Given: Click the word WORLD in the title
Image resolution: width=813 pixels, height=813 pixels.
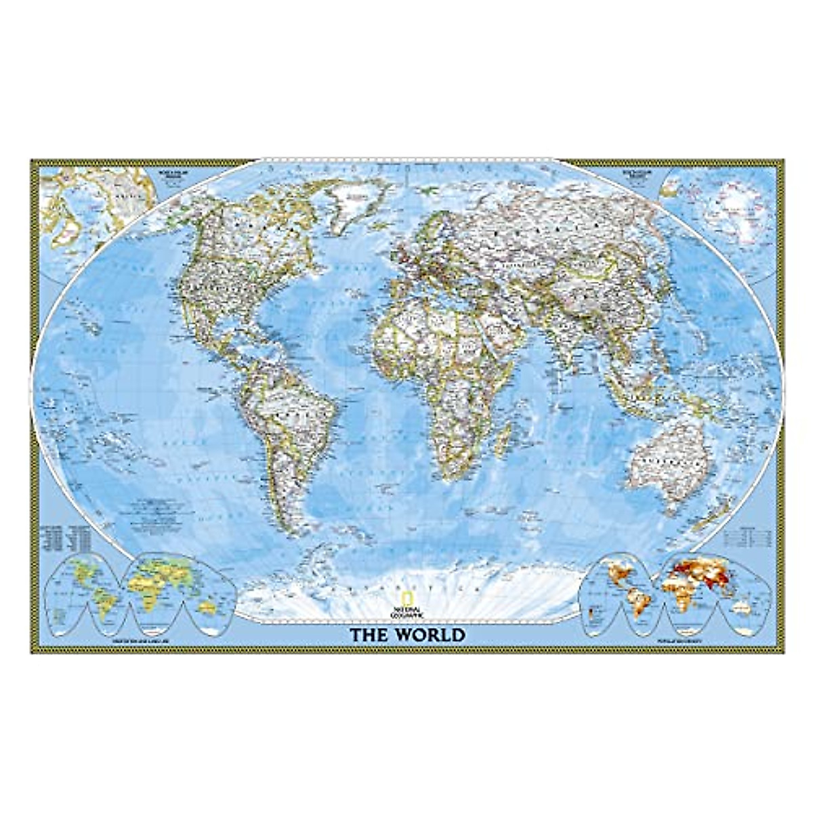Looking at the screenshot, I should click(x=430, y=635).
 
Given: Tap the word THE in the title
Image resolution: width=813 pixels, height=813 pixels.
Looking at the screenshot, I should click(x=370, y=635).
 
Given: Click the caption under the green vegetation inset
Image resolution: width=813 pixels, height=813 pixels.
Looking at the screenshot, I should click(x=136, y=640).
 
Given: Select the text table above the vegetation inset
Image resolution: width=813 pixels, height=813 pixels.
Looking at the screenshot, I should click(x=64, y=535).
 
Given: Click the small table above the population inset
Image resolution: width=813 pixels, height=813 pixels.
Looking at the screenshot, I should click(x=749, y=535).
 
